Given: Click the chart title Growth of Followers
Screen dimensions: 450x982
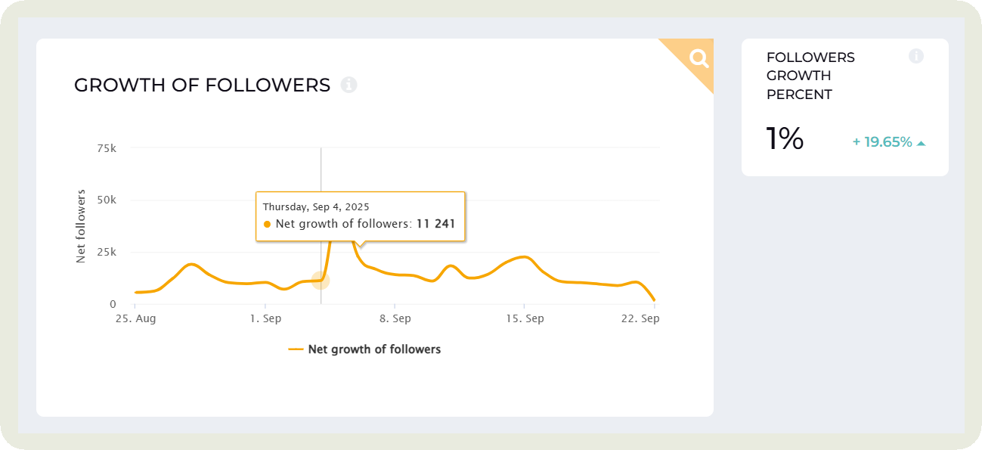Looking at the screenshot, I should point(202,85).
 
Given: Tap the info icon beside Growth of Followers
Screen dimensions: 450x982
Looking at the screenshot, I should point(349,85).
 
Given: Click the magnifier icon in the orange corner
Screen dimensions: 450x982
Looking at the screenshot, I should point(699,58).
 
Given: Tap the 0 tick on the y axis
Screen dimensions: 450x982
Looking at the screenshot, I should point(113,304).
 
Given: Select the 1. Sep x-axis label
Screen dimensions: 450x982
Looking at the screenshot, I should point(265,319).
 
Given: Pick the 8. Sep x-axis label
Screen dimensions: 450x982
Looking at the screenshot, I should point(395,319).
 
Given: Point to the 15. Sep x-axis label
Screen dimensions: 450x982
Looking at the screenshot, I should point(525,319).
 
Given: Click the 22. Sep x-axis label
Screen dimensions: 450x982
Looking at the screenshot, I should point(641,319).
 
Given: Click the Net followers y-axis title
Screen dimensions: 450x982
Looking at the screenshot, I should point(81,226).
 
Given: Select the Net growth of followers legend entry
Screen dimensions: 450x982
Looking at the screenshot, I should point(365,349).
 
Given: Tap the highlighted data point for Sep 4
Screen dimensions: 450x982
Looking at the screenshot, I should point(321,281).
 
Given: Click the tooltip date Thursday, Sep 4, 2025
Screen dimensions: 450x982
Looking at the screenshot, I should point(316,206).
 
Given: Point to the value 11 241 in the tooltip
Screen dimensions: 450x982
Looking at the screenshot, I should point(435,224).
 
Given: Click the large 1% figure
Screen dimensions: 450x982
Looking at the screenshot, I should point(785,140).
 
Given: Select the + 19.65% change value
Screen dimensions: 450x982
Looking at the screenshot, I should point(882,142).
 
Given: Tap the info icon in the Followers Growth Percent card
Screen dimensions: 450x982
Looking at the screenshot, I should point(916,56).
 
